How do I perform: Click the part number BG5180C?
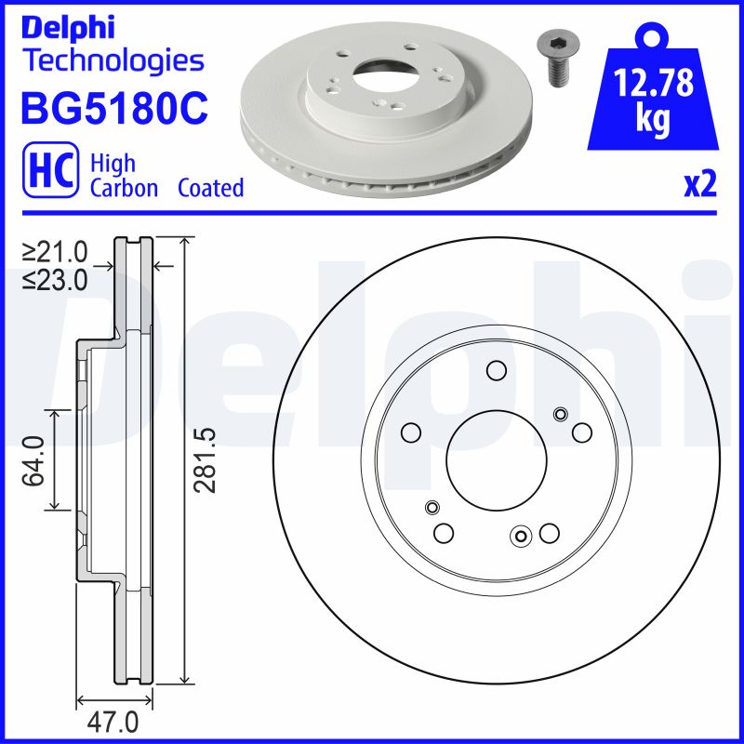click(113, 108)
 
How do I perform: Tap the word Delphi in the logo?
click(67, 27)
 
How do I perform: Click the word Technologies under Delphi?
click(113, 61)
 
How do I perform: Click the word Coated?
click(210, 188)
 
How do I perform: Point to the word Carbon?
click(124, 188)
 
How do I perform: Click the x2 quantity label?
click(700, 186)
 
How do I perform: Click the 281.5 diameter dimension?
click(207, 458)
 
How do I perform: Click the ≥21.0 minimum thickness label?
click(55, 252)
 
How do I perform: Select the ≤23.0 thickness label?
click(55, 279)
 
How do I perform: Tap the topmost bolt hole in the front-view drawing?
click(496, 372)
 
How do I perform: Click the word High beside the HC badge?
click(113, 164)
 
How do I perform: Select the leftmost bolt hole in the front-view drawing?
click(409, 432)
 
